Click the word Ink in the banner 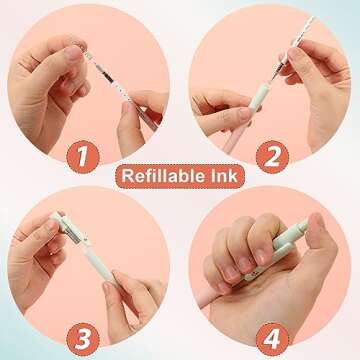(x=229, y=177)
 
